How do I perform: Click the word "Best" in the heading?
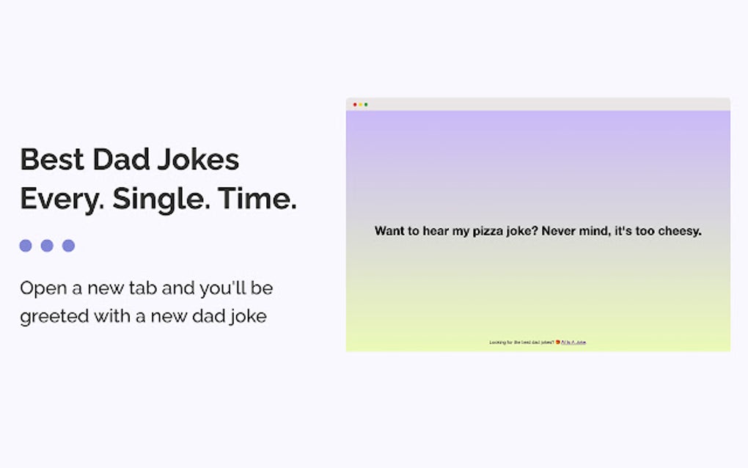click(x=51, y=160)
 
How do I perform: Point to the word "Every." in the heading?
click(x=62, y=200)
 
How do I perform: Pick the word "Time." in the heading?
click(x=258, y=200)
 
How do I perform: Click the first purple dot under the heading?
click(x=26, y=246)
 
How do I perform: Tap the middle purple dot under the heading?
click(x=47, y=246)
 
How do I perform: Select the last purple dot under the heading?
click(x=68, y=246)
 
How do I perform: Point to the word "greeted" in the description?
click(x=54, y=318)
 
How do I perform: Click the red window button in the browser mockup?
click(x=355, y=104)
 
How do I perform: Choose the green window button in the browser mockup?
click(x=366, y=104)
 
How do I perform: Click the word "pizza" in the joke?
click(x=477, y=231)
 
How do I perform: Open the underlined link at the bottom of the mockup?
click(x=573, y=342)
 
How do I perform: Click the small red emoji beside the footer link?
click(x=558, y=342)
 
